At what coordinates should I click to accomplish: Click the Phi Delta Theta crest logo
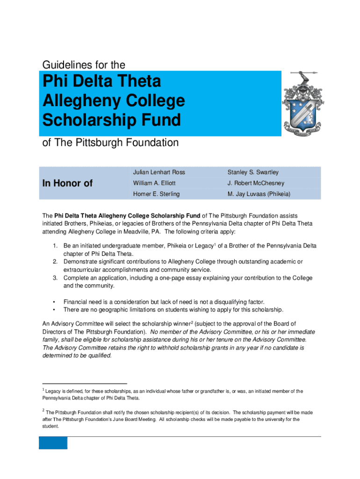[302, 104]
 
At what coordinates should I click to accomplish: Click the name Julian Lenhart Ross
[159, 173]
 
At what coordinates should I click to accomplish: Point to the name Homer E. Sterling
[156, 194]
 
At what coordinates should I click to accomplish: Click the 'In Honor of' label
[67, 183]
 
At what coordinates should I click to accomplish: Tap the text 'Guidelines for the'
[84, 64]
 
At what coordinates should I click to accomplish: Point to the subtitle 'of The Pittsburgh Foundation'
[110, 142]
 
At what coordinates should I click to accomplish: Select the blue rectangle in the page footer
[53, 443]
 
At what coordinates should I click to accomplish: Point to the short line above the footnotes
[85, 383]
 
